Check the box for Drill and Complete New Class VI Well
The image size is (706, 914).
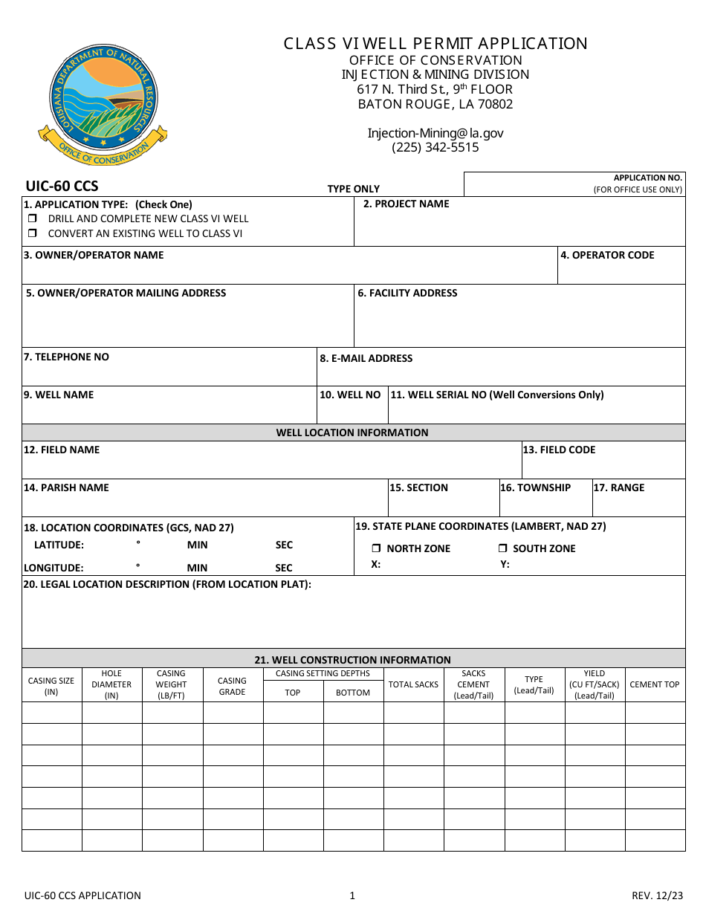click(x=33, y=219)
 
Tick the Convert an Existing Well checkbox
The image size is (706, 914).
click(x=33, y=233)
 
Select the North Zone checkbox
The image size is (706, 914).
click(x=376, y=548)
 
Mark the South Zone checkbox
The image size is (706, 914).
click(x=502, y=548)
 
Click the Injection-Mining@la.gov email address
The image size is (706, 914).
click(x=435, y=133)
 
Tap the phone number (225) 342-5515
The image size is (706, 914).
click(x=435, y=147)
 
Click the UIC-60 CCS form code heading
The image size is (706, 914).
click(x=62, y=186)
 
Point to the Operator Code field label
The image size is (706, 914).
click(x=607, y=255)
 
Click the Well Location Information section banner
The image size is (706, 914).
click(x=352, y=432)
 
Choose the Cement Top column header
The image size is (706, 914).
click(x=654, y=684)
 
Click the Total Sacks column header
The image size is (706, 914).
click(x=413, y=684)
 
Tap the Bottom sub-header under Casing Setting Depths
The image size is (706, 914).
click(x=352, y=693)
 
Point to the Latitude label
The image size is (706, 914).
click(x=59, y=545)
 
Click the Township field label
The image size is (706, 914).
click(x=535, y=487)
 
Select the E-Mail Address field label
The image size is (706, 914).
click(x=366, y=358)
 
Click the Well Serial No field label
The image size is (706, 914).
click(x=496, y=395)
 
